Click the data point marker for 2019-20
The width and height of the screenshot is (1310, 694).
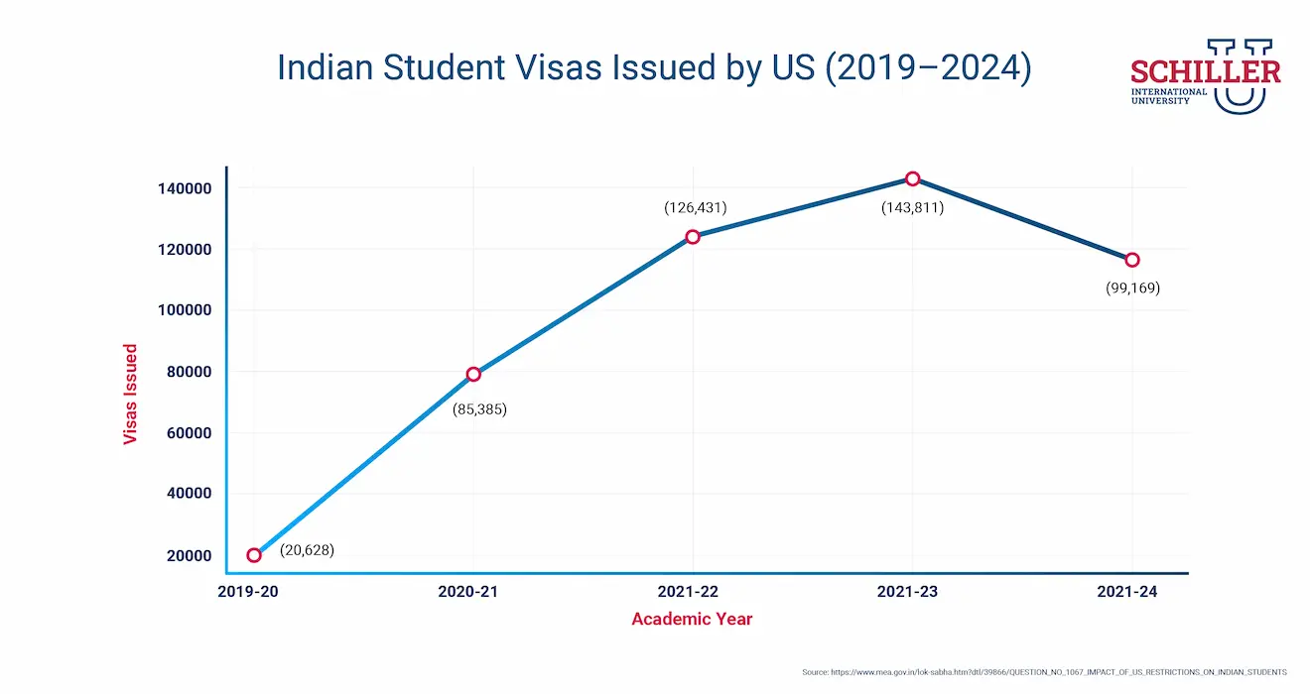254,555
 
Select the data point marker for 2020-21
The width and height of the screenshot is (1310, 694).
473,374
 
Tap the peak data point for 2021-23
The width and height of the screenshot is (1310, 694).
912,178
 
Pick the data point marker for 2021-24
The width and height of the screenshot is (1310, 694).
1131,260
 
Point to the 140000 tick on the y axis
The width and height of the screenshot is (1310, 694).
185,188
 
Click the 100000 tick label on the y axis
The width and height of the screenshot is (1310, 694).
185,310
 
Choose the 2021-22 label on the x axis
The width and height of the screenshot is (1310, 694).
693,592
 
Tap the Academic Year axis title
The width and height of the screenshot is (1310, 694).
693,620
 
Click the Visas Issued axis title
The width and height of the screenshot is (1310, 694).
130,395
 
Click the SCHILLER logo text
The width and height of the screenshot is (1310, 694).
1205,72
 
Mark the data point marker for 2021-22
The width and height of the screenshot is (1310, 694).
693,237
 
